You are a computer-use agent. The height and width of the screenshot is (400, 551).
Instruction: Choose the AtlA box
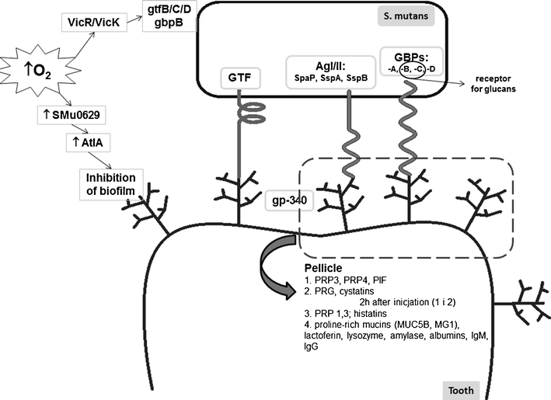pyautogui.click(x=91, y=145)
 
